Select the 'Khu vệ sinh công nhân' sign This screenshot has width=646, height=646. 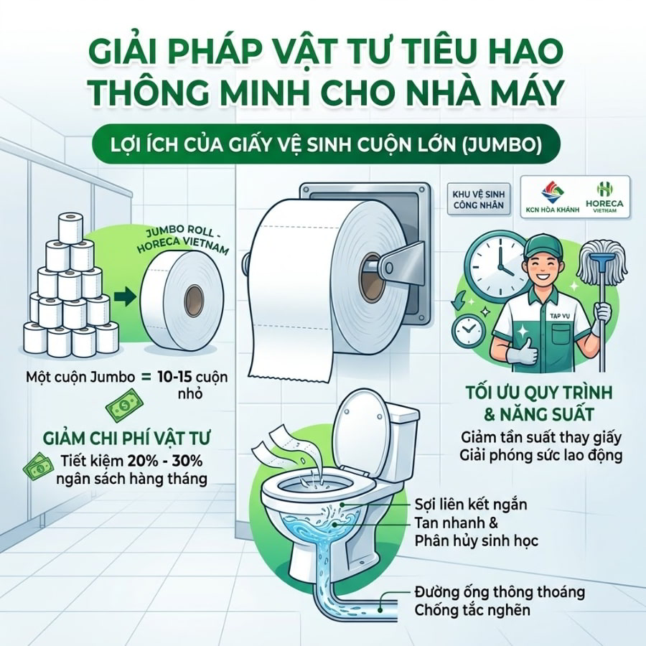[x=478, y=200]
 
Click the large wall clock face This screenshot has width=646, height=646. [x=496, y=263]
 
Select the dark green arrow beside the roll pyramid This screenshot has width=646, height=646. [x=125, y=296]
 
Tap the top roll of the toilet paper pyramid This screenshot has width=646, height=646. [x=70, y=227]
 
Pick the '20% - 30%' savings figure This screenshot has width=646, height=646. [x=165, y=461]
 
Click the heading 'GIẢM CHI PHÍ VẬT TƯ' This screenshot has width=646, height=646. [x=126, y=438]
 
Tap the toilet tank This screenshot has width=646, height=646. [x=403, y=441]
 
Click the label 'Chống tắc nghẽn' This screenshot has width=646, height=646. [x=472, y=609]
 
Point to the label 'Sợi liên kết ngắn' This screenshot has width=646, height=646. [x=470, y=504]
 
